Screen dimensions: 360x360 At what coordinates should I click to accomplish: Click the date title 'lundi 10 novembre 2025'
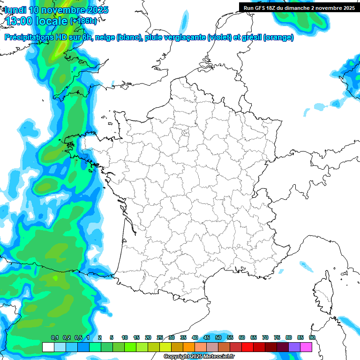coord(56,10)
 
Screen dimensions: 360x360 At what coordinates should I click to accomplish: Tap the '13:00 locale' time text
coord(36,21)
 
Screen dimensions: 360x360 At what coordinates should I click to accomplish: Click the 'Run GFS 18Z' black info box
coord(299,8)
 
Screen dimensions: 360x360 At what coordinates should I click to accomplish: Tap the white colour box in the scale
coord(48,347)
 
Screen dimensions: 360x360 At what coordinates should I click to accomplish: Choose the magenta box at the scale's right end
coord(306,347)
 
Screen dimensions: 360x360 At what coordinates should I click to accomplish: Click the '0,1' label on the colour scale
coord(55,338)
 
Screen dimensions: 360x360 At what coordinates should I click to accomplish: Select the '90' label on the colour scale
coord(312,338)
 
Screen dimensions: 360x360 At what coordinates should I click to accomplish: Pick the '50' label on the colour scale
coord(218,338)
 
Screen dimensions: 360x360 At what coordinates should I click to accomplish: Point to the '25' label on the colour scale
coord(160,338)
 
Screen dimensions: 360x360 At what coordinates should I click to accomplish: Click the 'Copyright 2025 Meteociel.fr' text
coord(199,357)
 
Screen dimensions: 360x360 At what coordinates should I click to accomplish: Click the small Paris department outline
coord(185,133)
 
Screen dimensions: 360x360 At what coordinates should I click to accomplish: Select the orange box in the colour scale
coord(189,347)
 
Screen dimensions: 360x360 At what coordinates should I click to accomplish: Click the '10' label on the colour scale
coord(125,338)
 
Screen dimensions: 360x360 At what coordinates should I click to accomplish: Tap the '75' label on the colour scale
coord(277,338)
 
